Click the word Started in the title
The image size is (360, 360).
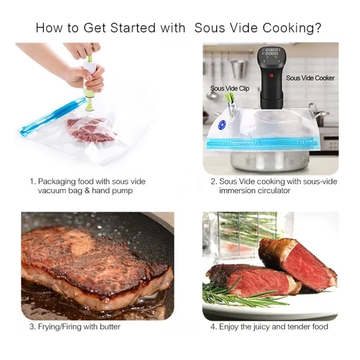click(133, 28)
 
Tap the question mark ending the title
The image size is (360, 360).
click(318, 28)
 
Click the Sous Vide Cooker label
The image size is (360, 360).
click(310, 78)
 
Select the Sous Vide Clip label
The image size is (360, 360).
click(230, 88)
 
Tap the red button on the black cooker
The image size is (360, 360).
click(271, 75)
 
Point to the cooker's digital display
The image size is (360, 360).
click(272, 52)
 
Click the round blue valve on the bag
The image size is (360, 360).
click(223, 125)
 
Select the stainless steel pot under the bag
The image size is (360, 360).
click(270, 161)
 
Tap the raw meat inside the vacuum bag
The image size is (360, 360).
click(91, 130)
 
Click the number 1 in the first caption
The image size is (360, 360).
click(32, 181)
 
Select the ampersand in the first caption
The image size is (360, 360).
click(87, 191)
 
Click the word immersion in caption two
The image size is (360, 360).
click(238, 191)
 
